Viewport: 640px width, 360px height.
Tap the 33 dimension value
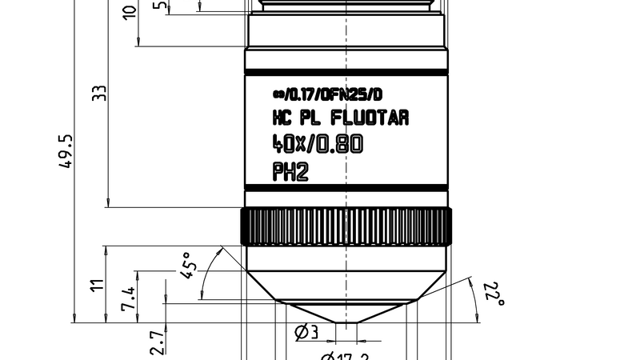coord(99,94)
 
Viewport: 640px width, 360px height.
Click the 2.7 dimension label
coord(157,342)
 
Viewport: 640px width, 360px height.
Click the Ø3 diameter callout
coord(308,331)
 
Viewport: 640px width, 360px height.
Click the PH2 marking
coord(290,171)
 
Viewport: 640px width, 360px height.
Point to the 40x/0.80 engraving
coord(318,145)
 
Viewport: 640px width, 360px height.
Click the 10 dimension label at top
coord(130,12)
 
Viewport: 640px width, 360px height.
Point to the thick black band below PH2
coord(346,188)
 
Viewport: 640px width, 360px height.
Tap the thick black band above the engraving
coord(346,74)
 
